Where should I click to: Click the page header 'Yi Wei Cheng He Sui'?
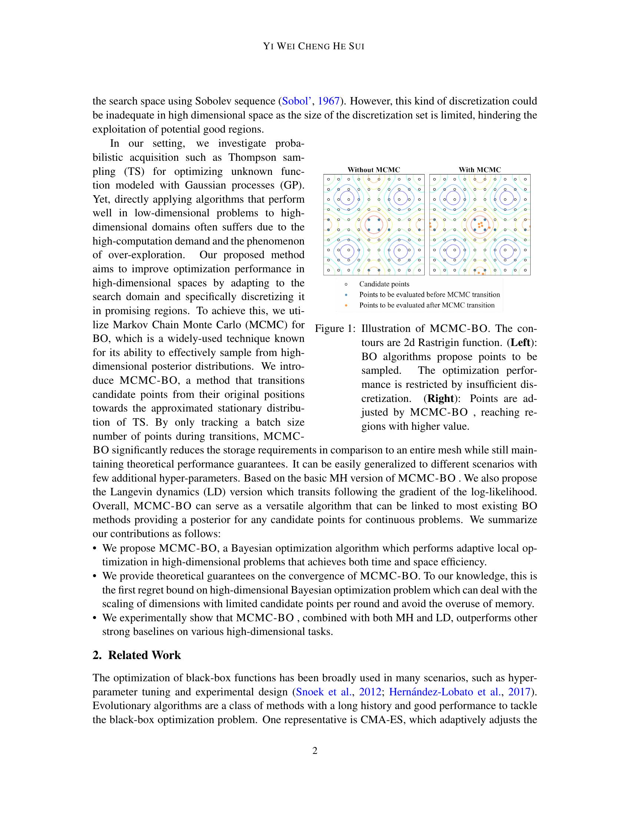(314, 46)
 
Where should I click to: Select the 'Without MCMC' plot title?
(374, 170)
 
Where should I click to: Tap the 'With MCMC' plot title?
(480, 170)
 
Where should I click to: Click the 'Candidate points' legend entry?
(384, 284)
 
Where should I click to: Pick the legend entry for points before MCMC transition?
(429, 295)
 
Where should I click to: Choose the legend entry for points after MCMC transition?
(427, 305)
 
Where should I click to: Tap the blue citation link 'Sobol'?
(295, 101)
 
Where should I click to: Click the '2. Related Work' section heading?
(137, 655)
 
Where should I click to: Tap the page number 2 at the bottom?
(315, 751)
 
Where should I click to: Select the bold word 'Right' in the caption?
(441, 399)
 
